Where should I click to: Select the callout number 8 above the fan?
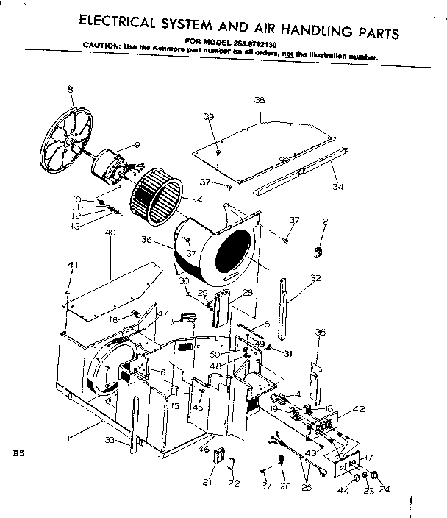tap(70, 89)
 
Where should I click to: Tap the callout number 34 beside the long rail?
tap(337, 187)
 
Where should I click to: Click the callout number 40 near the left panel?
tap(110, 233)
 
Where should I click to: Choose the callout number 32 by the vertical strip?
tap(316, 279)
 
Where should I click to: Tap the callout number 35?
tap(321, 333)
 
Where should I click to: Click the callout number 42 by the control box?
tap(358, 409)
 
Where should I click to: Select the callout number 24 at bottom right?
tap(384, 485)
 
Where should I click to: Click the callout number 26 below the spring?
tap(285, 486)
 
